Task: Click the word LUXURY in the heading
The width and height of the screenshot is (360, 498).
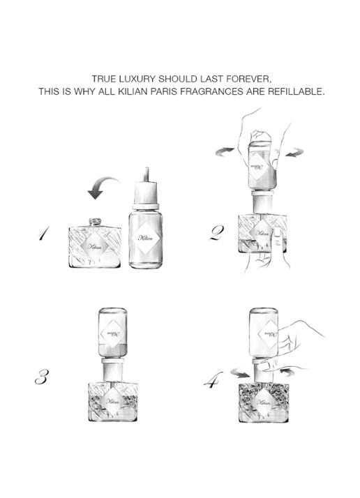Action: (x=139, y=78)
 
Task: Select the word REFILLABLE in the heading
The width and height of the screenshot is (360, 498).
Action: (x=297, y=91)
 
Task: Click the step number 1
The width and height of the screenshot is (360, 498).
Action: (x=44, y=234)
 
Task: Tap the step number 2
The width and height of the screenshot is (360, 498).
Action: (x=217, y=233)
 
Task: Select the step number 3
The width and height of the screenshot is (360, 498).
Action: (x=42, y=377)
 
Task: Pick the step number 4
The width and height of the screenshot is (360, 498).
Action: (x=213, y=380)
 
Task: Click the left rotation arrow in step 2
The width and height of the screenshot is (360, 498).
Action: (x=225, y=152)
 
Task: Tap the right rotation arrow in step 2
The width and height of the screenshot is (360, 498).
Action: (x=294, y=152)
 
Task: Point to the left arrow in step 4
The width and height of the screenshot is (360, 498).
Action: (x=241, y=373)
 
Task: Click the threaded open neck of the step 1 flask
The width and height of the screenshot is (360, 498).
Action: (x=95, y=222)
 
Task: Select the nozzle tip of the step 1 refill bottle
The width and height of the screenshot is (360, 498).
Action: (x=146, y=174)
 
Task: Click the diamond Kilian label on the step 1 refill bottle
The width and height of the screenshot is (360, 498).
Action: (x=146, y=238)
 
